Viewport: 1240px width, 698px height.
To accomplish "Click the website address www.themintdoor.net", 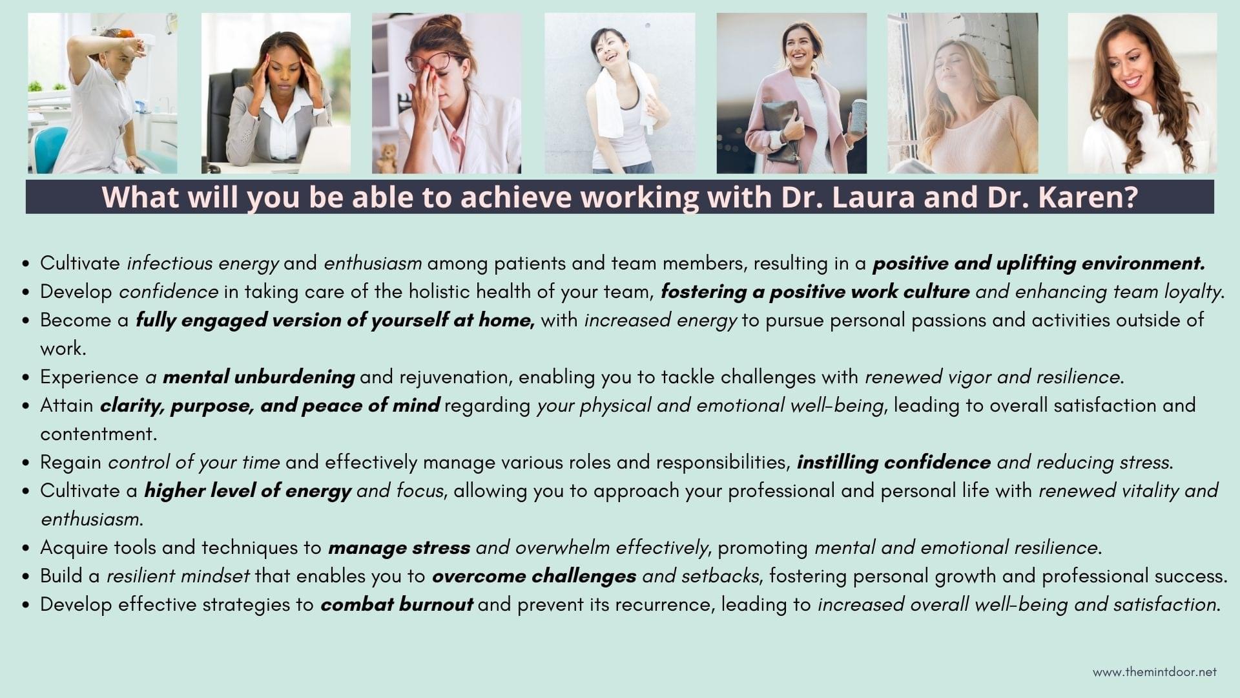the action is click(1155, 672).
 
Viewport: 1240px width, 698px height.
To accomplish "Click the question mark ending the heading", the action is click(1131, 196).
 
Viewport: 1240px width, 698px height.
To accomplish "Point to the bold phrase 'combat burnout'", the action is click(397, 604).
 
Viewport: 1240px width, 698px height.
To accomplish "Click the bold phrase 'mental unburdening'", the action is click(258, 377).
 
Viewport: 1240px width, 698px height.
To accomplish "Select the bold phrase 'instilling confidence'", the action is click(893, 462).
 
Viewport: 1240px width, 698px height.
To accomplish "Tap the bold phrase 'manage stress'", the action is click(398, 547).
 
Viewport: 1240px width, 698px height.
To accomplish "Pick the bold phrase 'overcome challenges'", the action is click(534, 576).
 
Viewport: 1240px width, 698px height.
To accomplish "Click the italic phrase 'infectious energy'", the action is click(203, 263).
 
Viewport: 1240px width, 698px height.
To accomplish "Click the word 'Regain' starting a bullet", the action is click(71, 462).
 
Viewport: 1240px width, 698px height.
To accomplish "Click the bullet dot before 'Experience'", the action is click(26, 377).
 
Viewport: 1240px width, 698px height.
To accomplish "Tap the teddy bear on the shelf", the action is click(387, 158).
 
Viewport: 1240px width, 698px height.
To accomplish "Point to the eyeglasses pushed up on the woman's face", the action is click(428, 63).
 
